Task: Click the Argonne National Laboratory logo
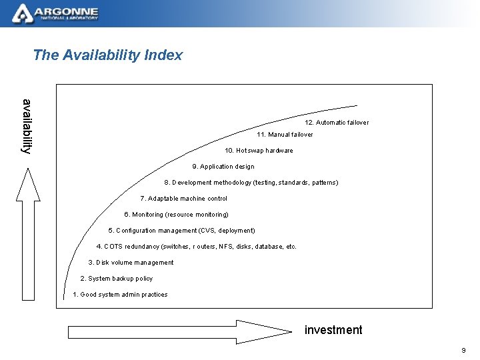tap(56, 13)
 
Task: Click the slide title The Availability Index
tap(107, 55)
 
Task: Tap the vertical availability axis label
tap(27, 126)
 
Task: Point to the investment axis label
tap(333, 330)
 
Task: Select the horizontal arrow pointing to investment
tap(180, 331)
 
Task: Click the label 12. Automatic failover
tap(337, 123)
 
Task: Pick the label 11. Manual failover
tap(285, 135)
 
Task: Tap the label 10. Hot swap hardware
tap(259, 151)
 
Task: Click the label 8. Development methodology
tap(251, 183)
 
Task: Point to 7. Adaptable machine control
tap(184, 199)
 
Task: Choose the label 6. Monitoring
tap(177, 215)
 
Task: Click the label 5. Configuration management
tap(181, 231)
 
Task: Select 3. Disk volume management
tap(131, 263)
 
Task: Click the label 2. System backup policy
tap(117, 279)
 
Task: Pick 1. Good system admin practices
tap(120, 295)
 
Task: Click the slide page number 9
tap(463, 351)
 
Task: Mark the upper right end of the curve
tap(357, 105)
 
